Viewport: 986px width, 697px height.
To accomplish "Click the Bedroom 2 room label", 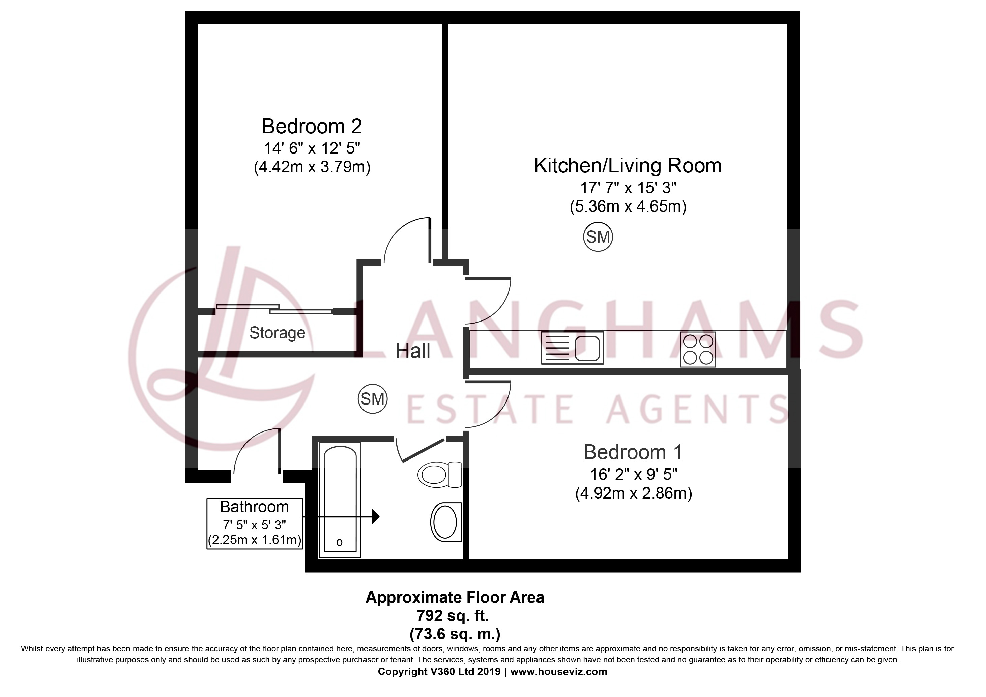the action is [312, 126].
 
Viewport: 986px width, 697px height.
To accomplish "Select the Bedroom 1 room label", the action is [633, 452].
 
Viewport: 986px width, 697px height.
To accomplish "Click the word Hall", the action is [413, 351].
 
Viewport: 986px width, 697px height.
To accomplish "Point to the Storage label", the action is [278, 333].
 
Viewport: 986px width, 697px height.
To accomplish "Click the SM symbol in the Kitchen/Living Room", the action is [598, 236].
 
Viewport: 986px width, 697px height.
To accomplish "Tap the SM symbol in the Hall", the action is [372, 399].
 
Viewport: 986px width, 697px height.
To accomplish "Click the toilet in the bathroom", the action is [439, 474].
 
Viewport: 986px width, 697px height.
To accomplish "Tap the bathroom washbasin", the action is [446, 522].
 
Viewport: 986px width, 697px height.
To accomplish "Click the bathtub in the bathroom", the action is [340, 501].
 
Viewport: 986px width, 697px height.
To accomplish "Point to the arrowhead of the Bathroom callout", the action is [376, 516].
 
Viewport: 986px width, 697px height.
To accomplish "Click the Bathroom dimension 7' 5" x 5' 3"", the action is [254, 525].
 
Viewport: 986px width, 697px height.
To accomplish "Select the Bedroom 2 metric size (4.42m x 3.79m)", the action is [312, 167].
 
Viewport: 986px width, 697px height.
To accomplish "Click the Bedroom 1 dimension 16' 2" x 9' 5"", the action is [633, 474].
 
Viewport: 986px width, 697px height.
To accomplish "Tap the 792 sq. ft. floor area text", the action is [453, 616].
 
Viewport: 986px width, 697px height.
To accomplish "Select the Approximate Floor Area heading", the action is [455, 597].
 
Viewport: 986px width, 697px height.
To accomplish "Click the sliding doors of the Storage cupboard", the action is [274, 309].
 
